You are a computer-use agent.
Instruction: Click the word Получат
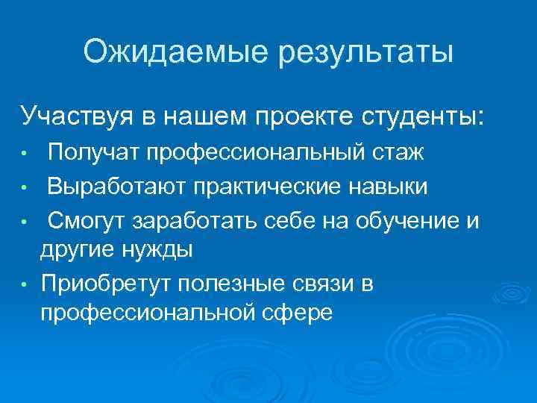tap(93, 154)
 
